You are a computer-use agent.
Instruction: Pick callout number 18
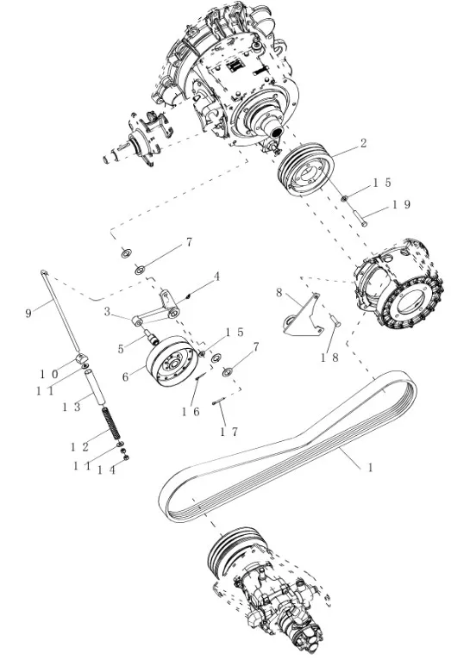coord(329,356)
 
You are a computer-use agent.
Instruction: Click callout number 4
coord(217,277)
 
